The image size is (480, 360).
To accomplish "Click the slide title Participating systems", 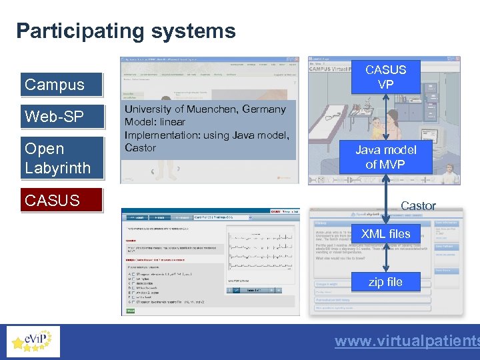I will coord(126,31).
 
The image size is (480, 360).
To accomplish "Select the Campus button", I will coord(61,85).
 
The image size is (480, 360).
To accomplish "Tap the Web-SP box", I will coord(61,117).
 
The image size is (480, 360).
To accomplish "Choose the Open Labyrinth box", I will coord(61,158).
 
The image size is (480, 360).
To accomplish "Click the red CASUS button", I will coord(61,200).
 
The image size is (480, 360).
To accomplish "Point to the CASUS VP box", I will coord(385,77).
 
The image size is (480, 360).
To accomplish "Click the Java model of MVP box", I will coord(385,157).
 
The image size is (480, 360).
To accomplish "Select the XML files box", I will coord(385,234).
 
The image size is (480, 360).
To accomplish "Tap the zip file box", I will coord(385,282).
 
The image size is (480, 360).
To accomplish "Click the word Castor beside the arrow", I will coord(418,206).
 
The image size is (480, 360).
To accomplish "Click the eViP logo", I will coord(32,341).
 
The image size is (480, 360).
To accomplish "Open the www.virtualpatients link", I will coord(407,341).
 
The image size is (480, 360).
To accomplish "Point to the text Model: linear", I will coord(155,122).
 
